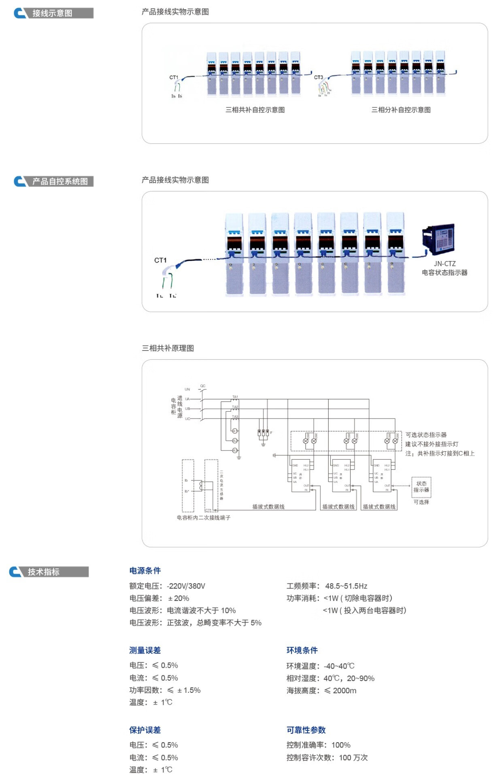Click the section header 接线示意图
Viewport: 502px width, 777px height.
click(52, 13)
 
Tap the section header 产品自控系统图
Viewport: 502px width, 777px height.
click(60, 181)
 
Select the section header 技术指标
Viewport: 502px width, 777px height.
click(43, 572)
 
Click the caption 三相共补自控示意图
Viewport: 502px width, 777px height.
click(255, 110)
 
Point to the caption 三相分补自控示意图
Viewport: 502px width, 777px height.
click(401, 110)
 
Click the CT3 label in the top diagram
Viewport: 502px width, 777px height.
click(319, 77)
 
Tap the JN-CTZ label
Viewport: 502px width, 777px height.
click(445, 263)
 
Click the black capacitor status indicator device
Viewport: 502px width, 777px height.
click(438, 239)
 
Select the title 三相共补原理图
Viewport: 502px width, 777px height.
click(168, 348)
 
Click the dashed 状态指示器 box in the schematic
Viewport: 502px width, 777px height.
click(421, 487)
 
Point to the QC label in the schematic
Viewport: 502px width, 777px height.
click(203, 386)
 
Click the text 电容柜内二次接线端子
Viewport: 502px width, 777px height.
click(203, 518)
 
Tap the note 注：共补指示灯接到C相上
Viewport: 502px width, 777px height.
click(440, 454)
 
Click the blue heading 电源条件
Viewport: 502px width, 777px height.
click(145, 571)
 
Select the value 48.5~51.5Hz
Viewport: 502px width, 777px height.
click(346, 586)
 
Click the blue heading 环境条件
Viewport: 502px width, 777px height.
click(302, 650)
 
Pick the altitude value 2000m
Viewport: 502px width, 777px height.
click(345, 691)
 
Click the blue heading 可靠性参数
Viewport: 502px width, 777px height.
click(306, 730)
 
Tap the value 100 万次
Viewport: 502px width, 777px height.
click(353, 758)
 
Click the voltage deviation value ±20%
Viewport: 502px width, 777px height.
click(179, 598)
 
